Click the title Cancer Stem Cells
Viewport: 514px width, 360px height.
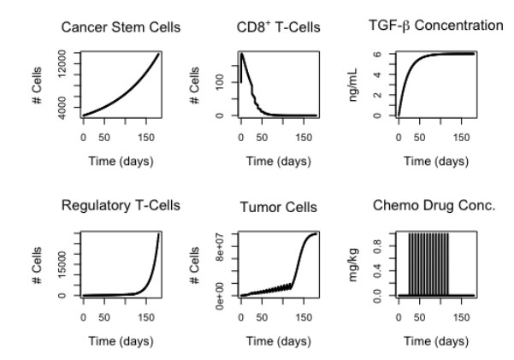[121, 28]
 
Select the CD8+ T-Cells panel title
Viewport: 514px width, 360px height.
[278, 28]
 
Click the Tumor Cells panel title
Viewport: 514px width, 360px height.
[279, 208]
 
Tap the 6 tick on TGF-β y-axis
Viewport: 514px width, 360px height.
[378, 54]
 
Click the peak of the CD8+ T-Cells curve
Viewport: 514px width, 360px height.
[242, 54]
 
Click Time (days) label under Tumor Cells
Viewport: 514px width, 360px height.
[279, 342]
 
